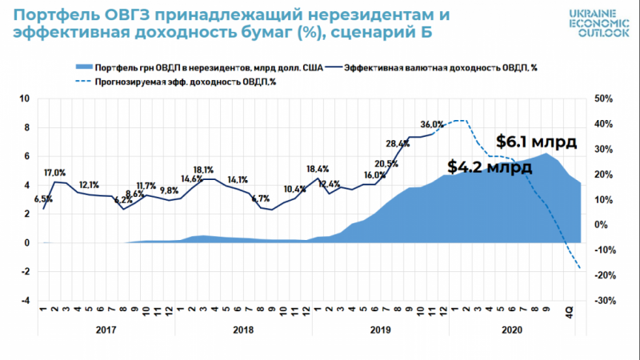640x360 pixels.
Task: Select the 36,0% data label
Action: click(x=431, y=125)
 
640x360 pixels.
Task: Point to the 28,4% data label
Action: click(x=397, y=145)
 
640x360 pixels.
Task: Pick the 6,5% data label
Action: click(x=45, y=198)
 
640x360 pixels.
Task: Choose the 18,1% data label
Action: click(x=203, y=170)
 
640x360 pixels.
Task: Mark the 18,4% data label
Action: click(x=318, y=169)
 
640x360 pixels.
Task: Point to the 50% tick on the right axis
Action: click(x=602, y=99)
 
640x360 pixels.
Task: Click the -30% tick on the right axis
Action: click(x=602, y=301)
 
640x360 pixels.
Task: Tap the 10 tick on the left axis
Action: click(x=25, y=99)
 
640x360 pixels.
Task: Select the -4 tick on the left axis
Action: click(x=25, y=301)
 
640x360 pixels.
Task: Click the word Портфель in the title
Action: click(x=53, y=16)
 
